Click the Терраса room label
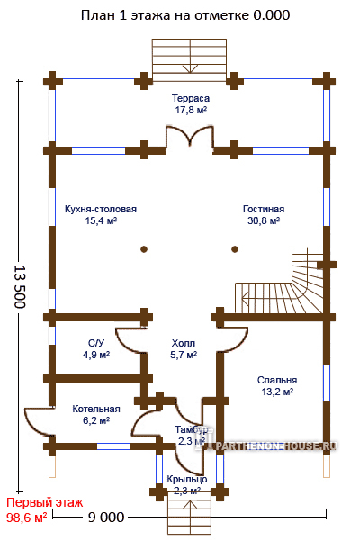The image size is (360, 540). (191, 98)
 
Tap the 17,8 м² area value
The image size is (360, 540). (191, 110)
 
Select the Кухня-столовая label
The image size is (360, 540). (101, 210)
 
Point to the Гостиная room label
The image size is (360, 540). (264, 209)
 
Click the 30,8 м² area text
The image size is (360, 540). (264, 220)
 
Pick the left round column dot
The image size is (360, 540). (144, 249)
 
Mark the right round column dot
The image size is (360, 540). (235, 249)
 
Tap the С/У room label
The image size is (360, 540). (96, 343)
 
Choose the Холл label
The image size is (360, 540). (184, 343)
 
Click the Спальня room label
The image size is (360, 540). (277, 380)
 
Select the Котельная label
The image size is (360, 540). (96, 409)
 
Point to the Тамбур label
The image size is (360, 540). (191, 430)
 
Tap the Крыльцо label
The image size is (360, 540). (187, 479)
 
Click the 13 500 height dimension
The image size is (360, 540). (20, 286)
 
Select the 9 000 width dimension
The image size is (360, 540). (106, 517)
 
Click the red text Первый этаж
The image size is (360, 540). (45, 502)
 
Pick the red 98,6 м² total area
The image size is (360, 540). (26, 517)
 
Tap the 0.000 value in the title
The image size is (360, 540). (272, 15)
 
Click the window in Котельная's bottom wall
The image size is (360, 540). (113, 446)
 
